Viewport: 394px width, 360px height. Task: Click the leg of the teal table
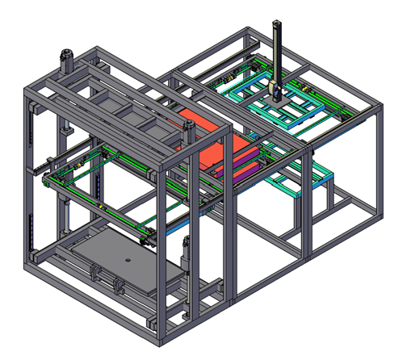(x=326, y=199)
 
